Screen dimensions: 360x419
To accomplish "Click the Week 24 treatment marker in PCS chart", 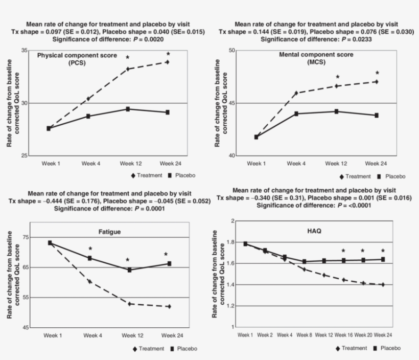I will (167, 62).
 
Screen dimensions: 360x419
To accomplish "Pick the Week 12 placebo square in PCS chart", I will (128, 109).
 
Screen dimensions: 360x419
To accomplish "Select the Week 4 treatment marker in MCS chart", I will (296, 93).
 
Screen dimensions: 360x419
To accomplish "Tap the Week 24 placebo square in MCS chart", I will (376, 115).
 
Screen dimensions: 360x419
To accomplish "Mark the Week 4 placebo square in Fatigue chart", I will (90, 258).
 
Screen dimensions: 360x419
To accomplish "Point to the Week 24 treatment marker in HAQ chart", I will (383, 284).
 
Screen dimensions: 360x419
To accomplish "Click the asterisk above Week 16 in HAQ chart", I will (343, 251).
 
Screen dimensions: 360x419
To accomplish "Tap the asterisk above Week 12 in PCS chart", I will (128, 58).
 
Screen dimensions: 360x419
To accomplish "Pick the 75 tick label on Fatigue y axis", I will (25, 237).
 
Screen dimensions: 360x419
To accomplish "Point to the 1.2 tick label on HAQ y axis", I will (230, 306).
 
